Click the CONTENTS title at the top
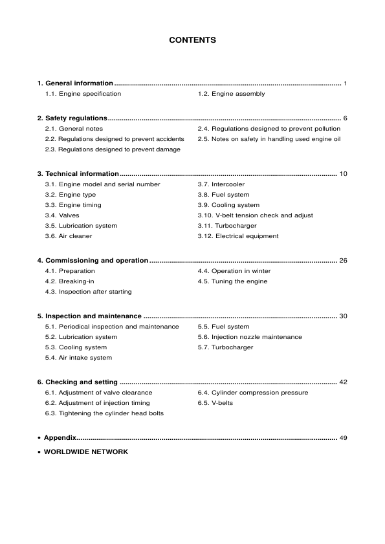[x=192, y=40]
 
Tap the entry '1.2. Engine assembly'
[x=231, y=94]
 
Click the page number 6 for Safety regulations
[x=346, y=119]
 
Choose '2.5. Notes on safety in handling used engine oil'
[x=269, y=139]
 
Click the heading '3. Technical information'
[x=78, y=174]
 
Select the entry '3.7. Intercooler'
[x=221, y=184]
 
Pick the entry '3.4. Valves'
[x=63, y=215]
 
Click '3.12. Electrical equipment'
[x=237, y=236]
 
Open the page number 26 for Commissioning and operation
[x=343, y=261]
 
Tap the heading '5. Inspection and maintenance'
[x=89, y=316]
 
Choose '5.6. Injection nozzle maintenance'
[x=249, y=337]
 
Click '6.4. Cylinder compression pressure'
[x=252, y=393]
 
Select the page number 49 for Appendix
[x=343, y=438]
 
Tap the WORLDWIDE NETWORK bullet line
[x=85, y=452]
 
